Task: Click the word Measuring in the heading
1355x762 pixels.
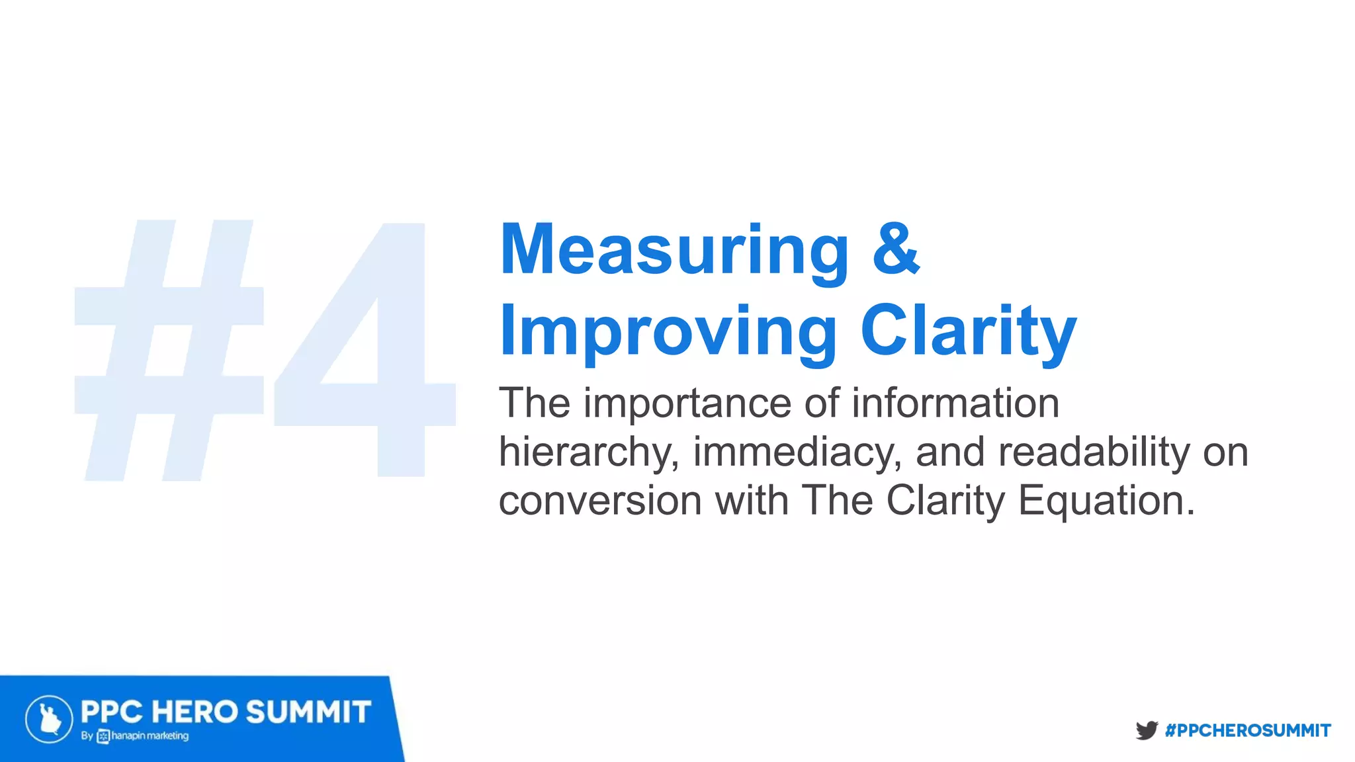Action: tap(674, 250)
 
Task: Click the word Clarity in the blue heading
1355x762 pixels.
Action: tap(968, 331)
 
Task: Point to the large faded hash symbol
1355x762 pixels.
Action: tap(169, 351)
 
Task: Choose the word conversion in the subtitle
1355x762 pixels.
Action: tap(600, 501)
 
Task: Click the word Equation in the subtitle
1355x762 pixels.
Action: tap(1106, 501)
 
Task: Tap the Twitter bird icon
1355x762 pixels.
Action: tap(1146, 730)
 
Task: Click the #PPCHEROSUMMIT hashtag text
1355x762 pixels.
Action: tap(1248, 730)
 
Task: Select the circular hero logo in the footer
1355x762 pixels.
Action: tap(49, 719)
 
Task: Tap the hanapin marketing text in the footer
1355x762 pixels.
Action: tap(150, 736)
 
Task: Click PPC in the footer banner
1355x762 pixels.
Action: tap(111, 712)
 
